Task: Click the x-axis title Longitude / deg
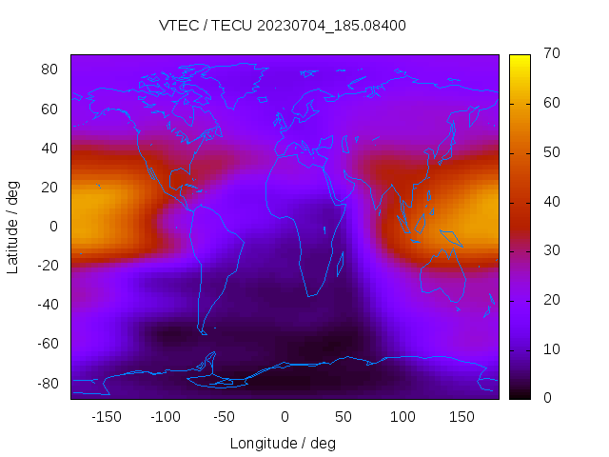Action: click(x=283, y=443)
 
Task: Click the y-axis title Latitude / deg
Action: click(x=13, y=227)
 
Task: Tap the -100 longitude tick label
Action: click(x=165, y=416)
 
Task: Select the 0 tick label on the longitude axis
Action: click(x=284, y=416)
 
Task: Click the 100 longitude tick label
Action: click(x=403, y=416)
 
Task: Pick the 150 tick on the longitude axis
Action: click(x=462, y=416)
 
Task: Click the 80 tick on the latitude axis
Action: click(x=50, y=70)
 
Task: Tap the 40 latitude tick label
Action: click(x=50, y=148)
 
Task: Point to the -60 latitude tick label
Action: click(x=47, y=344)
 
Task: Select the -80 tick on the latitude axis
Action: click(x=47, y=383)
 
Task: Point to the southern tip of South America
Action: click(x=203, y=331)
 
